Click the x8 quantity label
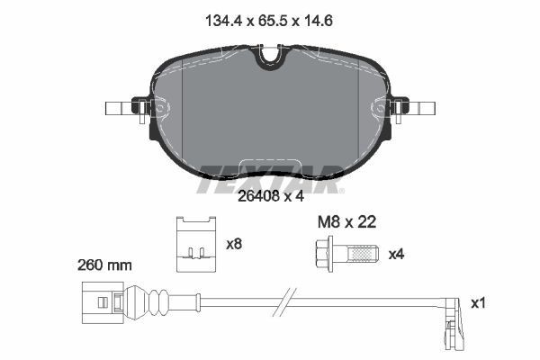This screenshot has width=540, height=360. pos(235,243)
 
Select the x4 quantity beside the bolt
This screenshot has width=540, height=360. pos(397,255)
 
